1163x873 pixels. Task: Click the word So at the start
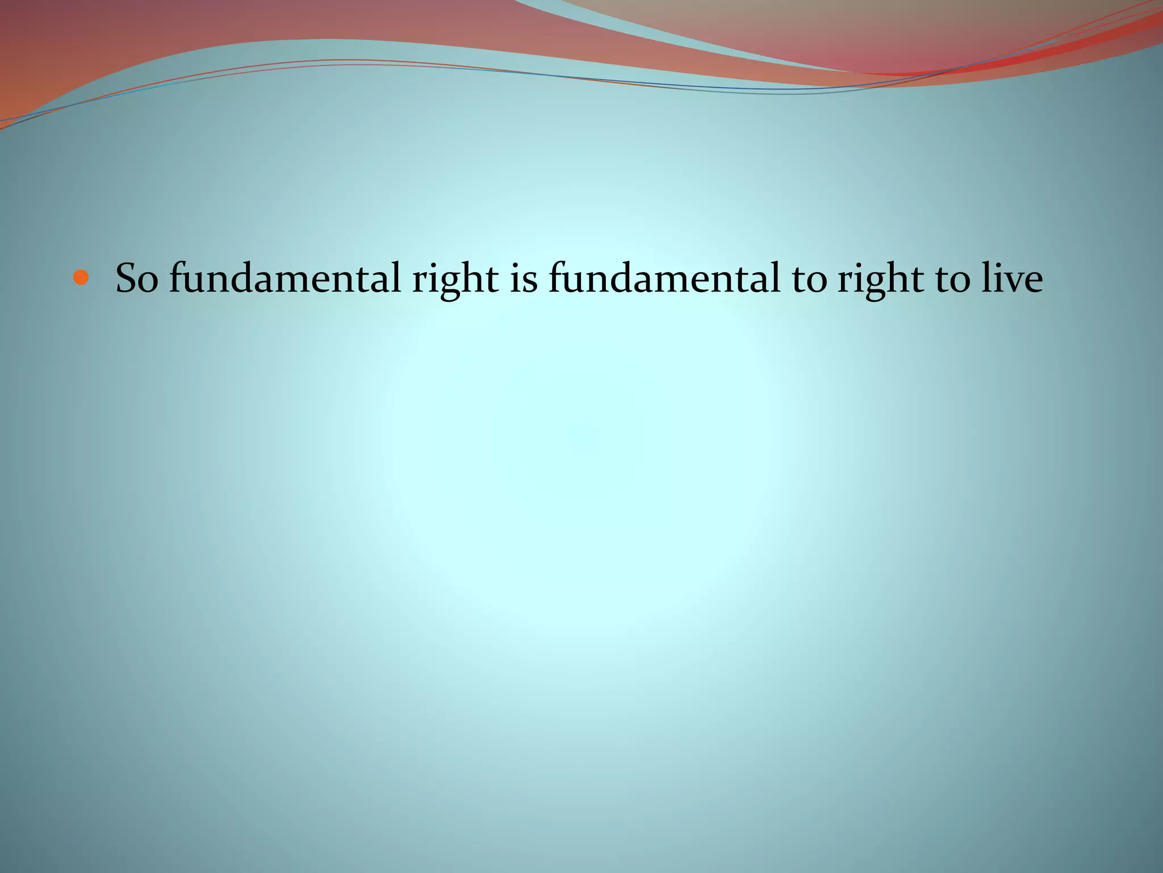(x=136, y=278)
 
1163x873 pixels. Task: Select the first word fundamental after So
(x=287, y=278)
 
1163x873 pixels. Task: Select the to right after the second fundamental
(x=809, y=280)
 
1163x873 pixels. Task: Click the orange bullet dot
(x=82, y=278)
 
